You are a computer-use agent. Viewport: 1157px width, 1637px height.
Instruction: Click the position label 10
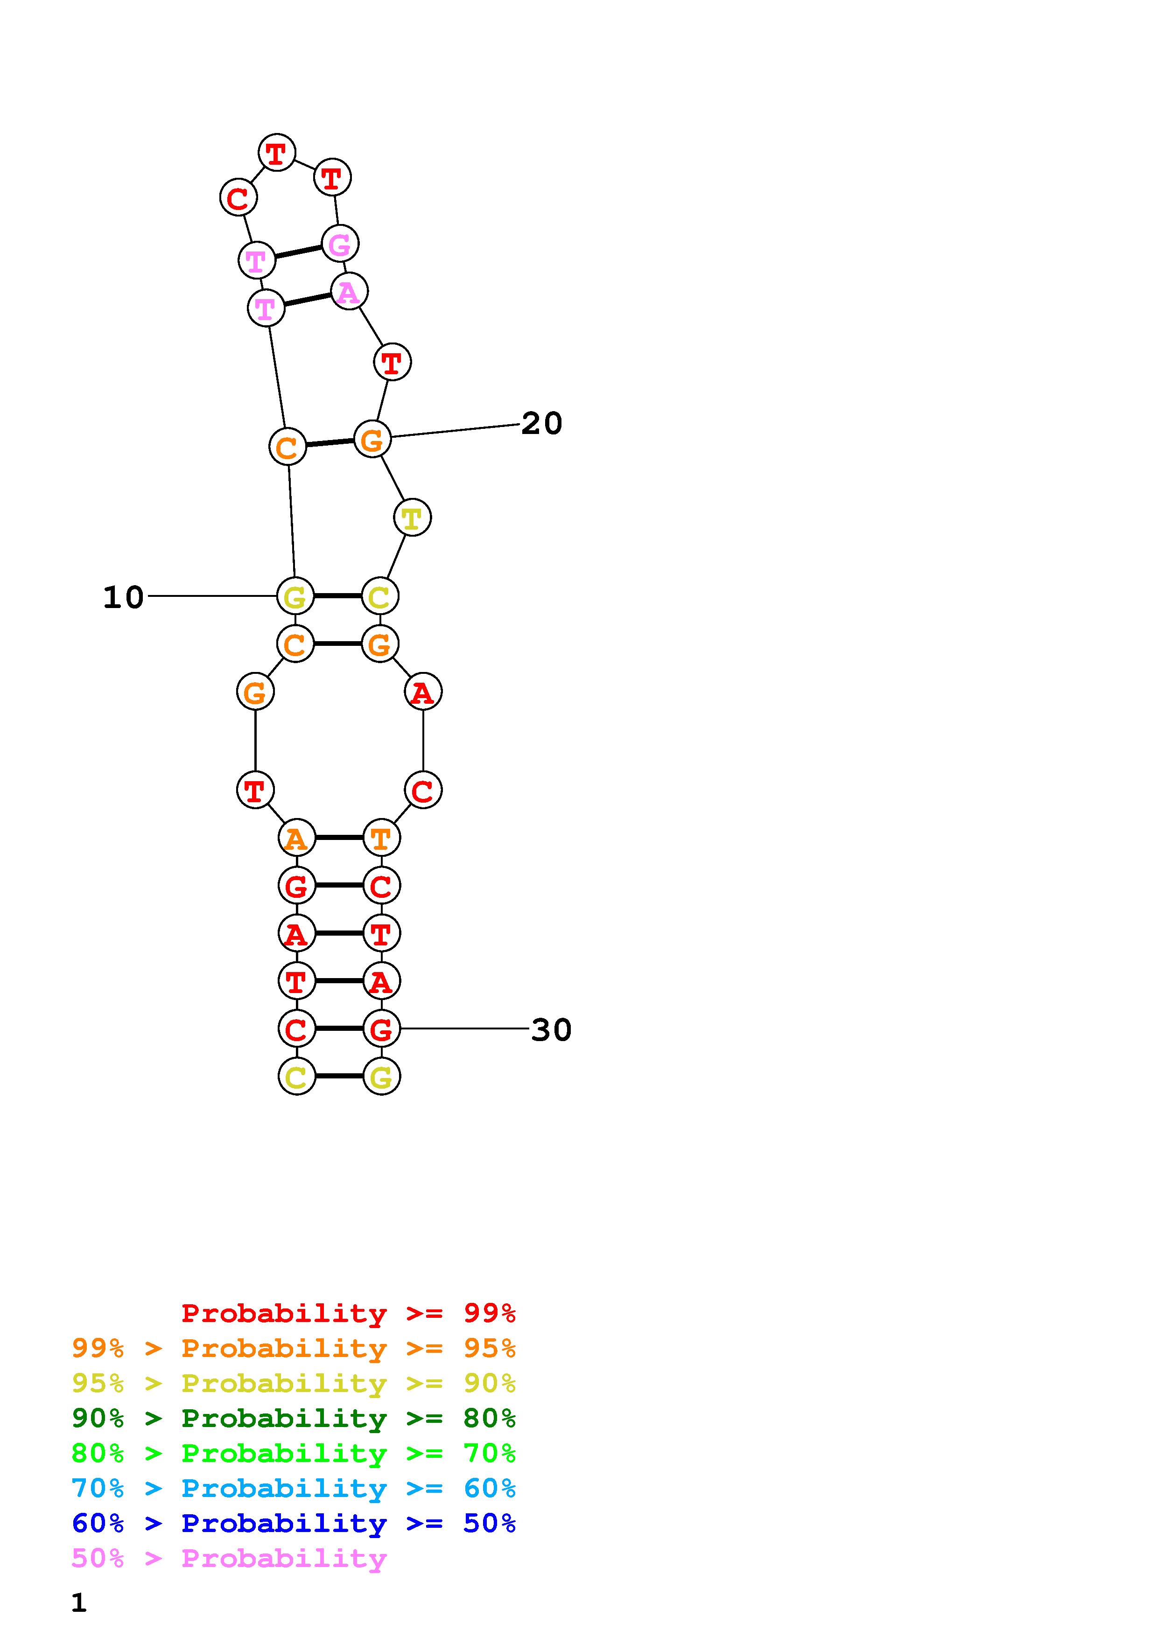(x=123, y=597)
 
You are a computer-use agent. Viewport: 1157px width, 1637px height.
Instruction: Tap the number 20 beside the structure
(x=542, y=424)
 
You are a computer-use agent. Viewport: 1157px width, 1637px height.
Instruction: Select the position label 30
(x=551, y=1029)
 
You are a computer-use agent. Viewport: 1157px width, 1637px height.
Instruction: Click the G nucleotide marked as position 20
(x=372, y=439)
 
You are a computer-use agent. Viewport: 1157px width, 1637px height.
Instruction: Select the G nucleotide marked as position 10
(x=295, y=596)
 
